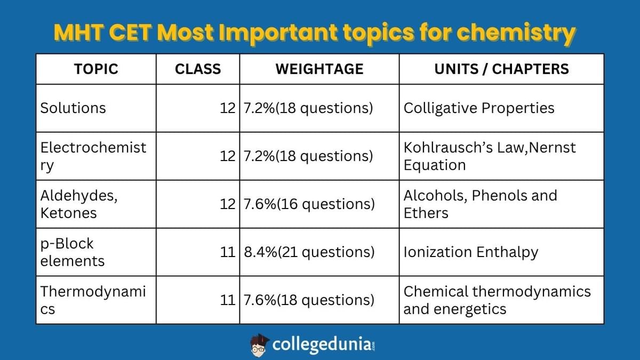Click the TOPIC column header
tap(96, 69)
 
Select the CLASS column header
tap(198, 69)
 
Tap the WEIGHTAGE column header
tap(319, 69)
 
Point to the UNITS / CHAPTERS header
tap(501, 69)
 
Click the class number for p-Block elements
tap(228, 252)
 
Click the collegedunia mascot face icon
tap(260, 345)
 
